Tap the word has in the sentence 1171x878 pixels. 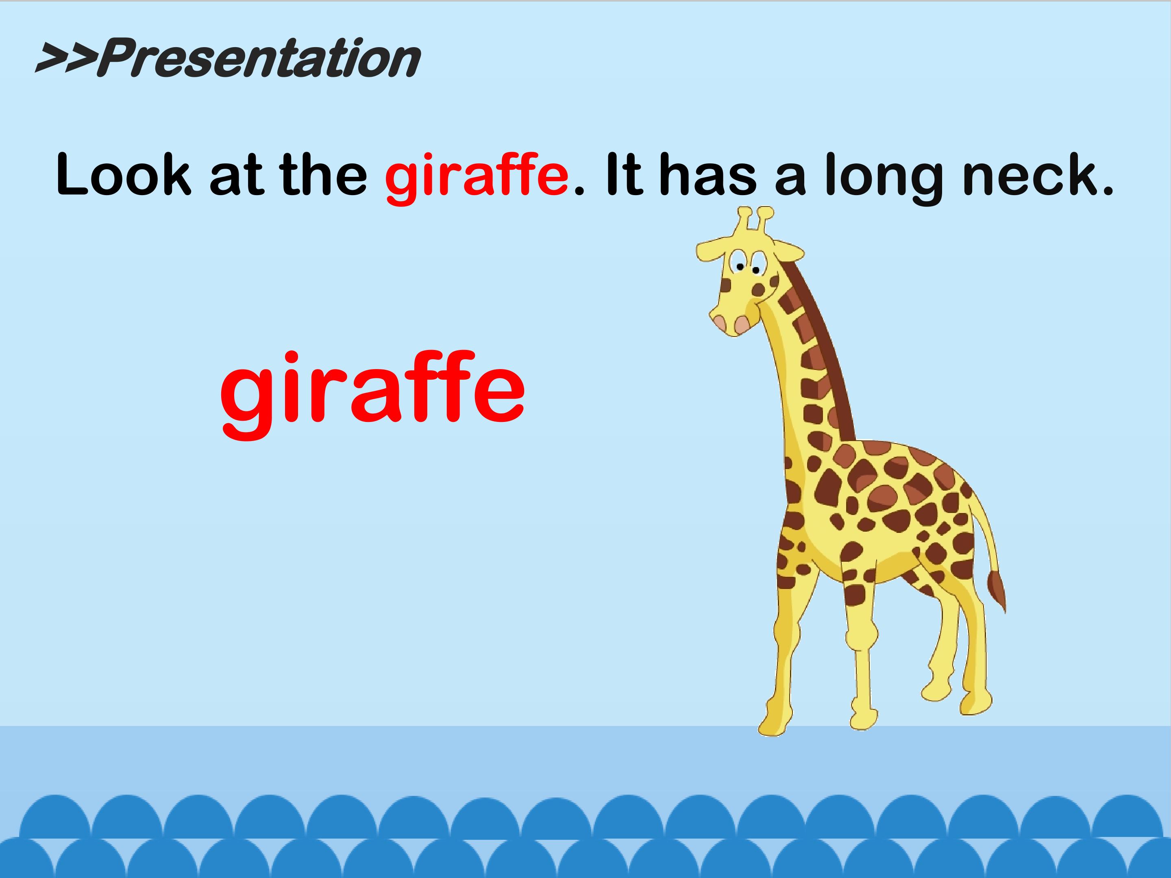point(708,175)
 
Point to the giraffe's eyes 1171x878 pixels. point(745,263)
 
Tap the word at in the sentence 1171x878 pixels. point(236,175)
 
